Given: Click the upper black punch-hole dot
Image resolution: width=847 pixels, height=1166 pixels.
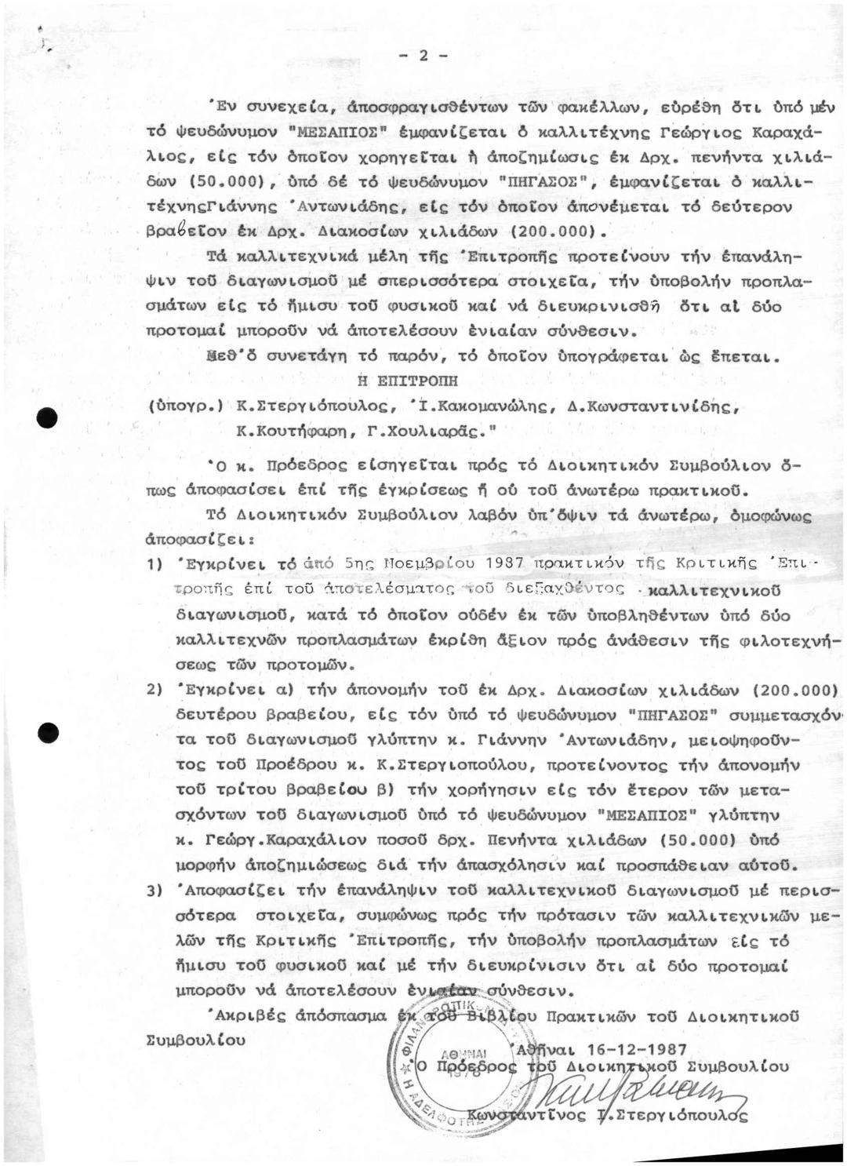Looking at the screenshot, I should point(53,417).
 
